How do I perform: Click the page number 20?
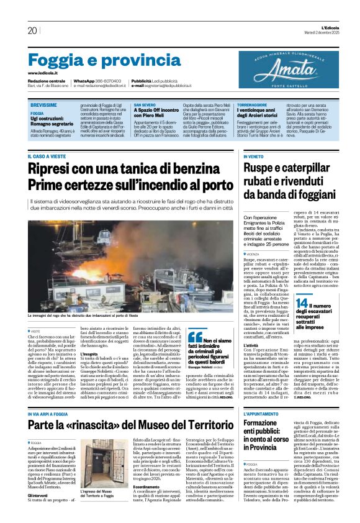pyautogui.click(x=32, y=30)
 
